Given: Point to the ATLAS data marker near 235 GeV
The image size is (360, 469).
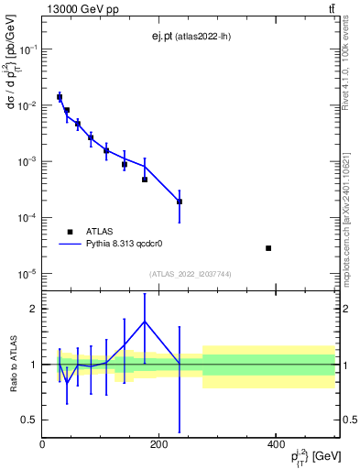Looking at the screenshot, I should tap(180, 202).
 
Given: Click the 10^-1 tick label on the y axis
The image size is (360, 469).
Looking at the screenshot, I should tap(28, 49).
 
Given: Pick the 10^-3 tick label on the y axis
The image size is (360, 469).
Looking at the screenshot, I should tap(28, 162).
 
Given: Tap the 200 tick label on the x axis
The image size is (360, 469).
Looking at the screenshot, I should tap(158, 444).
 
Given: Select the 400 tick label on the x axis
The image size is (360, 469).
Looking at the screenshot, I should tap(276, 444).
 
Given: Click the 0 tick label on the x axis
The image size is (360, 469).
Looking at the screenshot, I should tap(42, 444).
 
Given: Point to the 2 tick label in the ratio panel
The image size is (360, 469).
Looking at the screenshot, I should tap(33, 309).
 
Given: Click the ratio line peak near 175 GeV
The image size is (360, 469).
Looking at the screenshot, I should tap(145, 321).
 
